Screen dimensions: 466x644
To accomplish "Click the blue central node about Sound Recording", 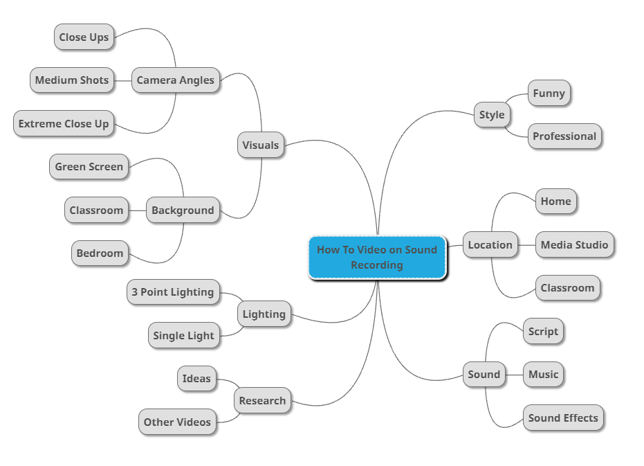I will (377, 257).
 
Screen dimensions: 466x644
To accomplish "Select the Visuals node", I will (261, 145).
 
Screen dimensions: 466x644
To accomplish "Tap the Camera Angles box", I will (176, 80).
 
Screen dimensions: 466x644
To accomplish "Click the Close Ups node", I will (84, 37).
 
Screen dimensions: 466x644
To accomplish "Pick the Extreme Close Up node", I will (64, 124).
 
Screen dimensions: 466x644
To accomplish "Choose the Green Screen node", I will (89, 167).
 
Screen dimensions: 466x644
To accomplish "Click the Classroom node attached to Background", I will (96, 210).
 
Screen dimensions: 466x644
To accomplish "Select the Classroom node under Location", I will (567, 288).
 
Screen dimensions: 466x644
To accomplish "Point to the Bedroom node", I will (100, 253).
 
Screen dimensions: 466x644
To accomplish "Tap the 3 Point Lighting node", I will (173, 292).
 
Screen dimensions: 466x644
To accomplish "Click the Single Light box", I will (184, 336).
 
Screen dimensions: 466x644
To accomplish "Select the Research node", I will (262, 401).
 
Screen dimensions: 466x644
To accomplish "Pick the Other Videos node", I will (177, 422).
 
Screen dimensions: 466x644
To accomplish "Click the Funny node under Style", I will (549, 93).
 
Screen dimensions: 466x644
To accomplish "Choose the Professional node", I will (564, 136).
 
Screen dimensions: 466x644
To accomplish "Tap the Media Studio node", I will (574, 245).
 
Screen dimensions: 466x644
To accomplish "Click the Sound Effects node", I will (563, 418).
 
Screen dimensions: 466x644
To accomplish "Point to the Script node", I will (543, 332).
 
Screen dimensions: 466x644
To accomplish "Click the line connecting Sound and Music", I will (514, 375).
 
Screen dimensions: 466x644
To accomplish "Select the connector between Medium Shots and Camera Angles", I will (122, 80).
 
